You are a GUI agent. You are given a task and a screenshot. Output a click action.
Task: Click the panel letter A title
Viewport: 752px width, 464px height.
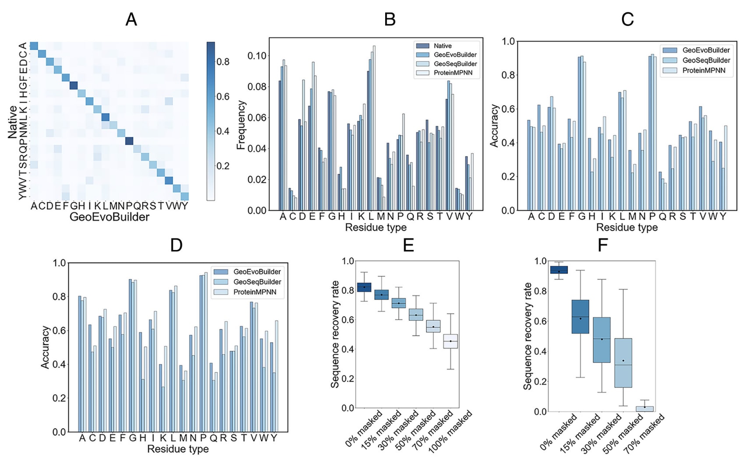coord(131,20)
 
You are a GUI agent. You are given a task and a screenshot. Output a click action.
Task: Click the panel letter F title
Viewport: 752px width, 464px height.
coord(602,246)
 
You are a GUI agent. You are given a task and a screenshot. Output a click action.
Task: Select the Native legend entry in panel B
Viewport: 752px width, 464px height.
coord(442,46)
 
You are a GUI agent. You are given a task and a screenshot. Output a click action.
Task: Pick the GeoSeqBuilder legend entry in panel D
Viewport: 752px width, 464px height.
coord(257,282)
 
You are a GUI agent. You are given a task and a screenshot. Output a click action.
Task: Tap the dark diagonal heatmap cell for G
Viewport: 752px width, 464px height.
coord(74,85)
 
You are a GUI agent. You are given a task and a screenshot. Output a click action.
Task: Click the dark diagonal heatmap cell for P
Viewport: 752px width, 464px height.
coord(129,141)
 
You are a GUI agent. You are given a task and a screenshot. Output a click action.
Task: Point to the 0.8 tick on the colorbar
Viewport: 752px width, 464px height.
coord(223,62)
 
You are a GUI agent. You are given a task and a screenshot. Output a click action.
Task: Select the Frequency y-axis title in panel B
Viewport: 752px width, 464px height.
coord(241,125)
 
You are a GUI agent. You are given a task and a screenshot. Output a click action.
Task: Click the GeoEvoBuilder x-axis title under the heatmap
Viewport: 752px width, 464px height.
coord(109,217)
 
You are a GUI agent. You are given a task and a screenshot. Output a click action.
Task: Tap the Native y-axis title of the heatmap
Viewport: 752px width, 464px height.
coord(12,122)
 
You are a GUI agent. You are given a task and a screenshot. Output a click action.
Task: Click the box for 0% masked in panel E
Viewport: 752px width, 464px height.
coord(364,287)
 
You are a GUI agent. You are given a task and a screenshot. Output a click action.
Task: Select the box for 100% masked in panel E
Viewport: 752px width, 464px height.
coord(450,341)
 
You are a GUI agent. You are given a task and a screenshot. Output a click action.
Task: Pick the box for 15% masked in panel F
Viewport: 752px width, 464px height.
coord(580,317)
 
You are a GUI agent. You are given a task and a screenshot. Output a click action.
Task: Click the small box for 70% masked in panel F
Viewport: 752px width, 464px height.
coord(644,409)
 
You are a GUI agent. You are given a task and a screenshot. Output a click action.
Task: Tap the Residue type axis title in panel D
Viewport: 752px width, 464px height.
coord(178,449)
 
